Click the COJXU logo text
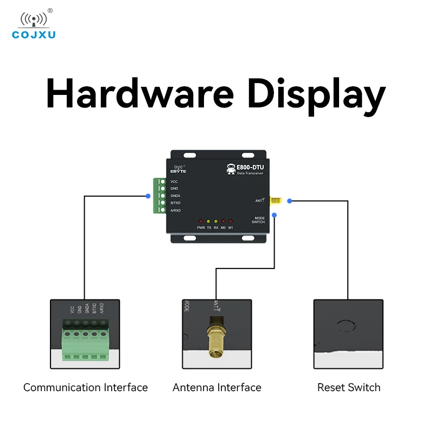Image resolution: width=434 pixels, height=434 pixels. pos(34,35)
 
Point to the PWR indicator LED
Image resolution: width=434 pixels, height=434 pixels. pos(201,221)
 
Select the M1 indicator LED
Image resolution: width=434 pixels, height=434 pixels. pos(231,221)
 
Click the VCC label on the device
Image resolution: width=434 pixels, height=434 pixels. pos(174,181)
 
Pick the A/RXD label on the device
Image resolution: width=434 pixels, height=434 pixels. pos(175,210)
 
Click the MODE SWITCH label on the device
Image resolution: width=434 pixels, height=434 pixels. pos(259,220)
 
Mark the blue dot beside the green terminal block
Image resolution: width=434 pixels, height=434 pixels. pos(148,196)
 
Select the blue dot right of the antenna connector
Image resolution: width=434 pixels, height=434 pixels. pos(289,201)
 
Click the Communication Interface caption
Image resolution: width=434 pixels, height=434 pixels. pos(85,387)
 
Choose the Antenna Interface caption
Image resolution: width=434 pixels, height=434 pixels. pos(217,387)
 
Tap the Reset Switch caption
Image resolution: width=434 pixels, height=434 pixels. pos(349,387)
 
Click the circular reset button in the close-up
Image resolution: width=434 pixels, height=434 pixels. pos(346,326)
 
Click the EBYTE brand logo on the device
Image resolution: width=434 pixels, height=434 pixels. pos(178,168)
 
